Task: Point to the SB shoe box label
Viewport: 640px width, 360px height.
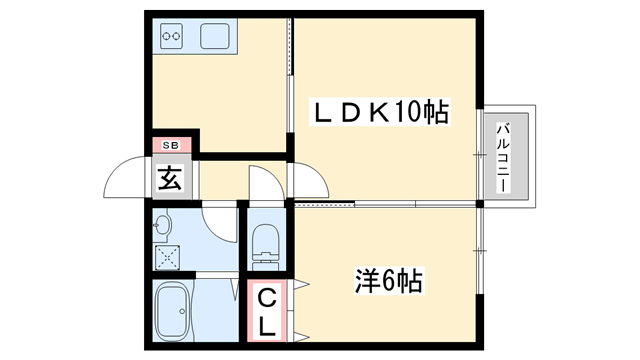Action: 168,146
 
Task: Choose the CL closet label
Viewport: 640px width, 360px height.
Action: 268,311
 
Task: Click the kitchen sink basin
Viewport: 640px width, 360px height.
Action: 216,38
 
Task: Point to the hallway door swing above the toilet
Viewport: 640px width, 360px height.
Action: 262,186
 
